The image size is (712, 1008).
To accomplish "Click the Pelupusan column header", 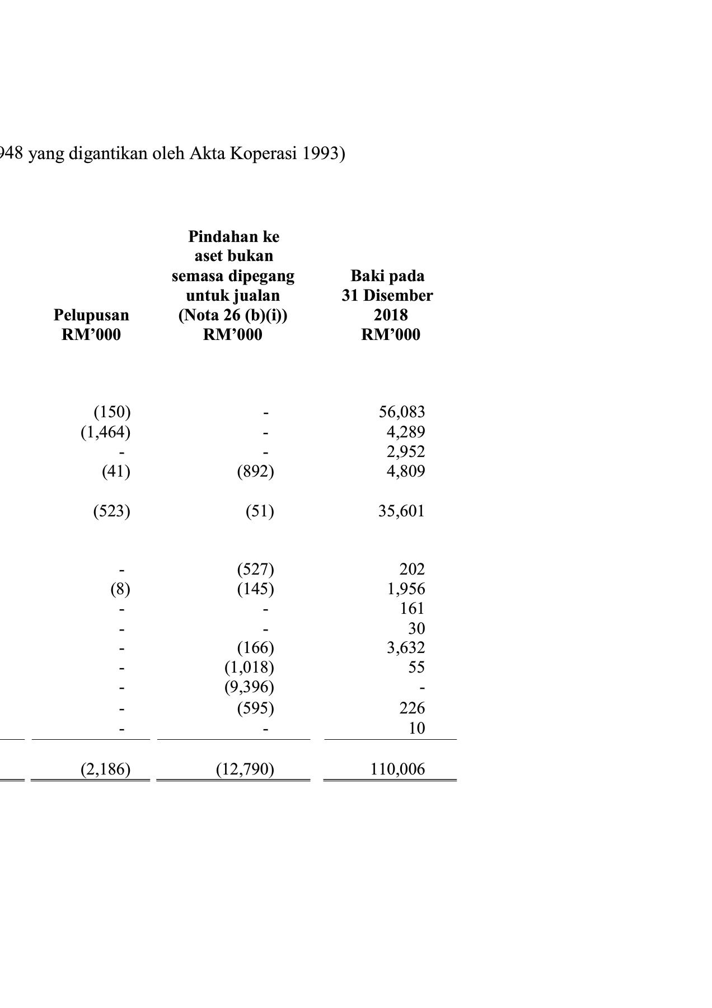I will point(91,315).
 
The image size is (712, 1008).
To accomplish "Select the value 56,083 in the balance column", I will point(401,412).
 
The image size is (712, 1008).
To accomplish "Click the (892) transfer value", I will point(255,472).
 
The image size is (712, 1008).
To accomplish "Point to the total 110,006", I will point(397,769).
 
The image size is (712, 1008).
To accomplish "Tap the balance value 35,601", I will point(401,511).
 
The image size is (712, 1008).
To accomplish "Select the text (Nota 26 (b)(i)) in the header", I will point(233,315).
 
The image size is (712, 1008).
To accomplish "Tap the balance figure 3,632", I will point(406,648).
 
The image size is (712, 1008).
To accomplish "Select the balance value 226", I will point(412,708).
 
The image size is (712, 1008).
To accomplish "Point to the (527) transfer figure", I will point(255,570).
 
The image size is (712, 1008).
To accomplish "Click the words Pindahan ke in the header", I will point(233,236).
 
